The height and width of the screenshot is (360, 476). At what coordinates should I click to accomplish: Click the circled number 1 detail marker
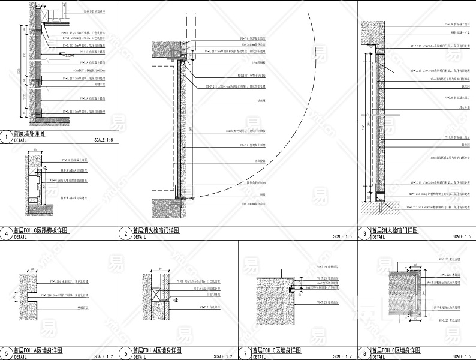point(6,137)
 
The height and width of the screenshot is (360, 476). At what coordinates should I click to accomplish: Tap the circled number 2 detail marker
point(125,233)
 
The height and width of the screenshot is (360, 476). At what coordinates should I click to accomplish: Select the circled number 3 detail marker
point(364,233)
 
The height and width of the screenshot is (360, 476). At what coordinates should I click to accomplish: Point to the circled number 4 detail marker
point(6,233)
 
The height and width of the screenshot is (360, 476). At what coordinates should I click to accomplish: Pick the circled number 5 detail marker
point(6,353)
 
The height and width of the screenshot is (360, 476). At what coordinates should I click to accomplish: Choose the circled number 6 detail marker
point(125,353)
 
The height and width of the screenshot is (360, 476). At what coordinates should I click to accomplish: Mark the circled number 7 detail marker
point(245,353)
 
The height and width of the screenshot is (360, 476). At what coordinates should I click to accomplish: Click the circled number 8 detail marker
point(364,353)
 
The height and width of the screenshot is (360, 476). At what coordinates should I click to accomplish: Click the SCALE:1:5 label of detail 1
point(103,140)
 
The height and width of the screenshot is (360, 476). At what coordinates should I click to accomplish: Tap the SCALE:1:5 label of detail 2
point(342,237)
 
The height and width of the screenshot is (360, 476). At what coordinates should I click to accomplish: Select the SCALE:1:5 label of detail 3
point(461,237)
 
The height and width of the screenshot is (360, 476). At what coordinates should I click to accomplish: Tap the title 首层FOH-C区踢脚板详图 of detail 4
point(41,230)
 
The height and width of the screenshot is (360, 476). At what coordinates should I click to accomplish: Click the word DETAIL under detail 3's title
point(379,237)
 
